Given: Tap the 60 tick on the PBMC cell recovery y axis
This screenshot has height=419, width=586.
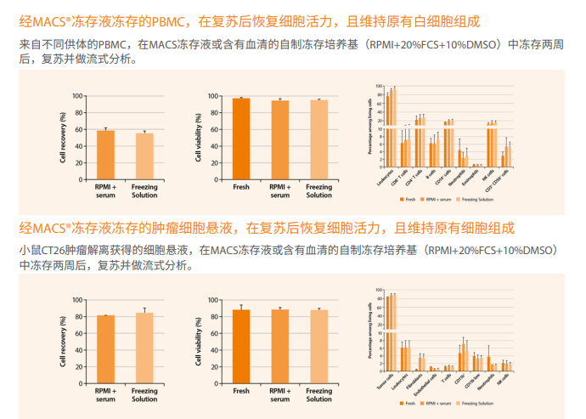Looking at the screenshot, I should pos(78,129).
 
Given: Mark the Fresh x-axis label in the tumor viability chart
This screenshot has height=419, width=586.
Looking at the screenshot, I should pos(241,391).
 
